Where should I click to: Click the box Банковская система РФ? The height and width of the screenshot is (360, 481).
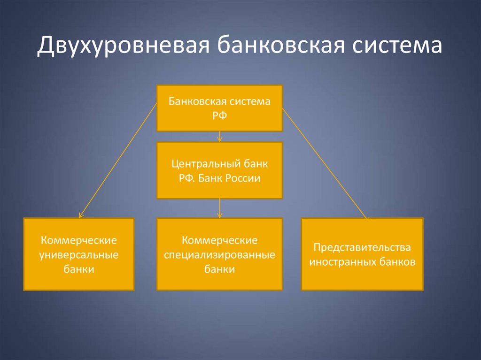coord(219,108)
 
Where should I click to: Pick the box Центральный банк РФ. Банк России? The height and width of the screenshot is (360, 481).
coord(219,170)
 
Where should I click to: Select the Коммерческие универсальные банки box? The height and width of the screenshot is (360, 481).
coord(79,254)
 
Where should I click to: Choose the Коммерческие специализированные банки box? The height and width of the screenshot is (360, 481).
coord(219,254)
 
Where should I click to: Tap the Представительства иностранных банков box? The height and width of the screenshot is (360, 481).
coord(362,254)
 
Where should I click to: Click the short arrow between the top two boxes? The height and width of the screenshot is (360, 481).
coord(219,137)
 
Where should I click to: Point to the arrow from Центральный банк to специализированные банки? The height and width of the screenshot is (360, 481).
coord(219,208)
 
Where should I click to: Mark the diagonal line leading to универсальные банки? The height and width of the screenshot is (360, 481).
coord(117,162)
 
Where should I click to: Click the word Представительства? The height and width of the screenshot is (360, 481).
coord(362,247)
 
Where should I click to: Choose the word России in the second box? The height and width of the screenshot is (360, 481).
coord(242,178)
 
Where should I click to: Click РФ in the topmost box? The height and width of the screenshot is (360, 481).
coord(219,115)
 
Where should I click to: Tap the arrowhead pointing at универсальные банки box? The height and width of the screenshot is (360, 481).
coord(81,215)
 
